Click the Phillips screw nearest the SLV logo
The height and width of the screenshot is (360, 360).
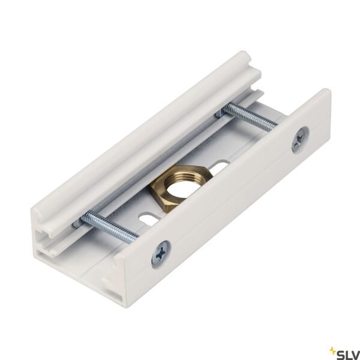tap(298, 141)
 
